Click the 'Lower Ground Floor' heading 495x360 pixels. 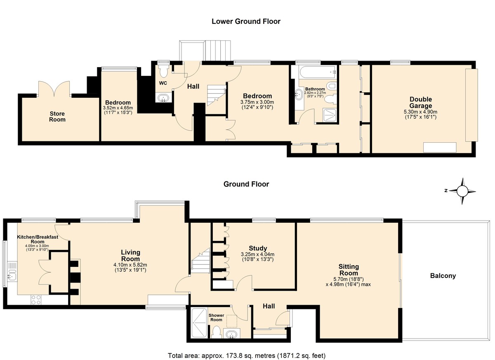coord(246,21)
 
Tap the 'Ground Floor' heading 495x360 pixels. coord(246,184)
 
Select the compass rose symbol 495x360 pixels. coord(462,191)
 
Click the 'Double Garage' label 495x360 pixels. coord(420,103)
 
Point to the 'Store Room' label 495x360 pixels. coord(57,117)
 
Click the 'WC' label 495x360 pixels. coord(163,83)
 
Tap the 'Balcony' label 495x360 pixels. coord(443,276)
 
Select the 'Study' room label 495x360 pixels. coord(258,248)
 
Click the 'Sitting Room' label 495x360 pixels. coord(349,270)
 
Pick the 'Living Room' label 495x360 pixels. coord(130,256)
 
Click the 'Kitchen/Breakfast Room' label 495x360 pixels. coord(38,239)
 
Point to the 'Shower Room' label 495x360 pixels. coord(216,318)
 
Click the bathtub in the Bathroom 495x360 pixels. coord(318,72)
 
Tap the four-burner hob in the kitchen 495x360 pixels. coord(36,300)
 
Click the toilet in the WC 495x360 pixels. coord(163,71)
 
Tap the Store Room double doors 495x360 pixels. coord(54,89)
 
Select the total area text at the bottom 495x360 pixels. coord(247,356)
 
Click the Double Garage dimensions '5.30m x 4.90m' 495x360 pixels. coord(420,112)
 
